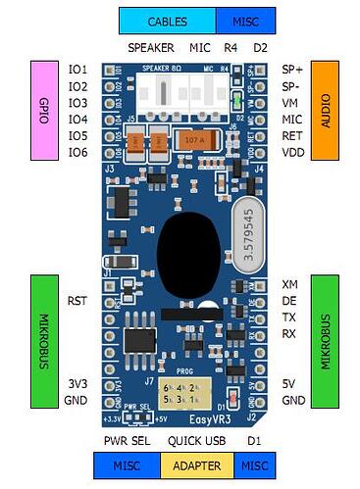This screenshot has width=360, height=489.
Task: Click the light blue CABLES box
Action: pyautogui.click(x=167, y=21)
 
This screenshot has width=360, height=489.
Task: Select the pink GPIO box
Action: pyautogui.click(x=44, y=110)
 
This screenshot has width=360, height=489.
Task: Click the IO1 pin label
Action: pyautogui.click(x=77, y=70)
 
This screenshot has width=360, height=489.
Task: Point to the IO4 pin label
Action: pyautogui.click(x=77, y=120)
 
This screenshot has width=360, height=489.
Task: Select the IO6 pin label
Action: pyautogui.click(x=77, y=153)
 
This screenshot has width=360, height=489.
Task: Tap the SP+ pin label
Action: pyautogui.click(x=291, y=70)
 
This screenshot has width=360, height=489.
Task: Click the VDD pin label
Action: pyautogui.click(x=291, y=153)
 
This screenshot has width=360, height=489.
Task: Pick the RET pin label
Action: pyautogui.click(x=291, y=136)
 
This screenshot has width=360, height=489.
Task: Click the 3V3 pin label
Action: pyautogui.click(x=77, y=384)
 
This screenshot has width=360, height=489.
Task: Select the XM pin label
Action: pyautogui.click(x=289, y=284)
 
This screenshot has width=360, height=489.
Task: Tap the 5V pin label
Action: pyautogui.click(x=288, y=384)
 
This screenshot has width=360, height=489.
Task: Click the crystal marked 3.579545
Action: pyautogui.click(x=250, y=230)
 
